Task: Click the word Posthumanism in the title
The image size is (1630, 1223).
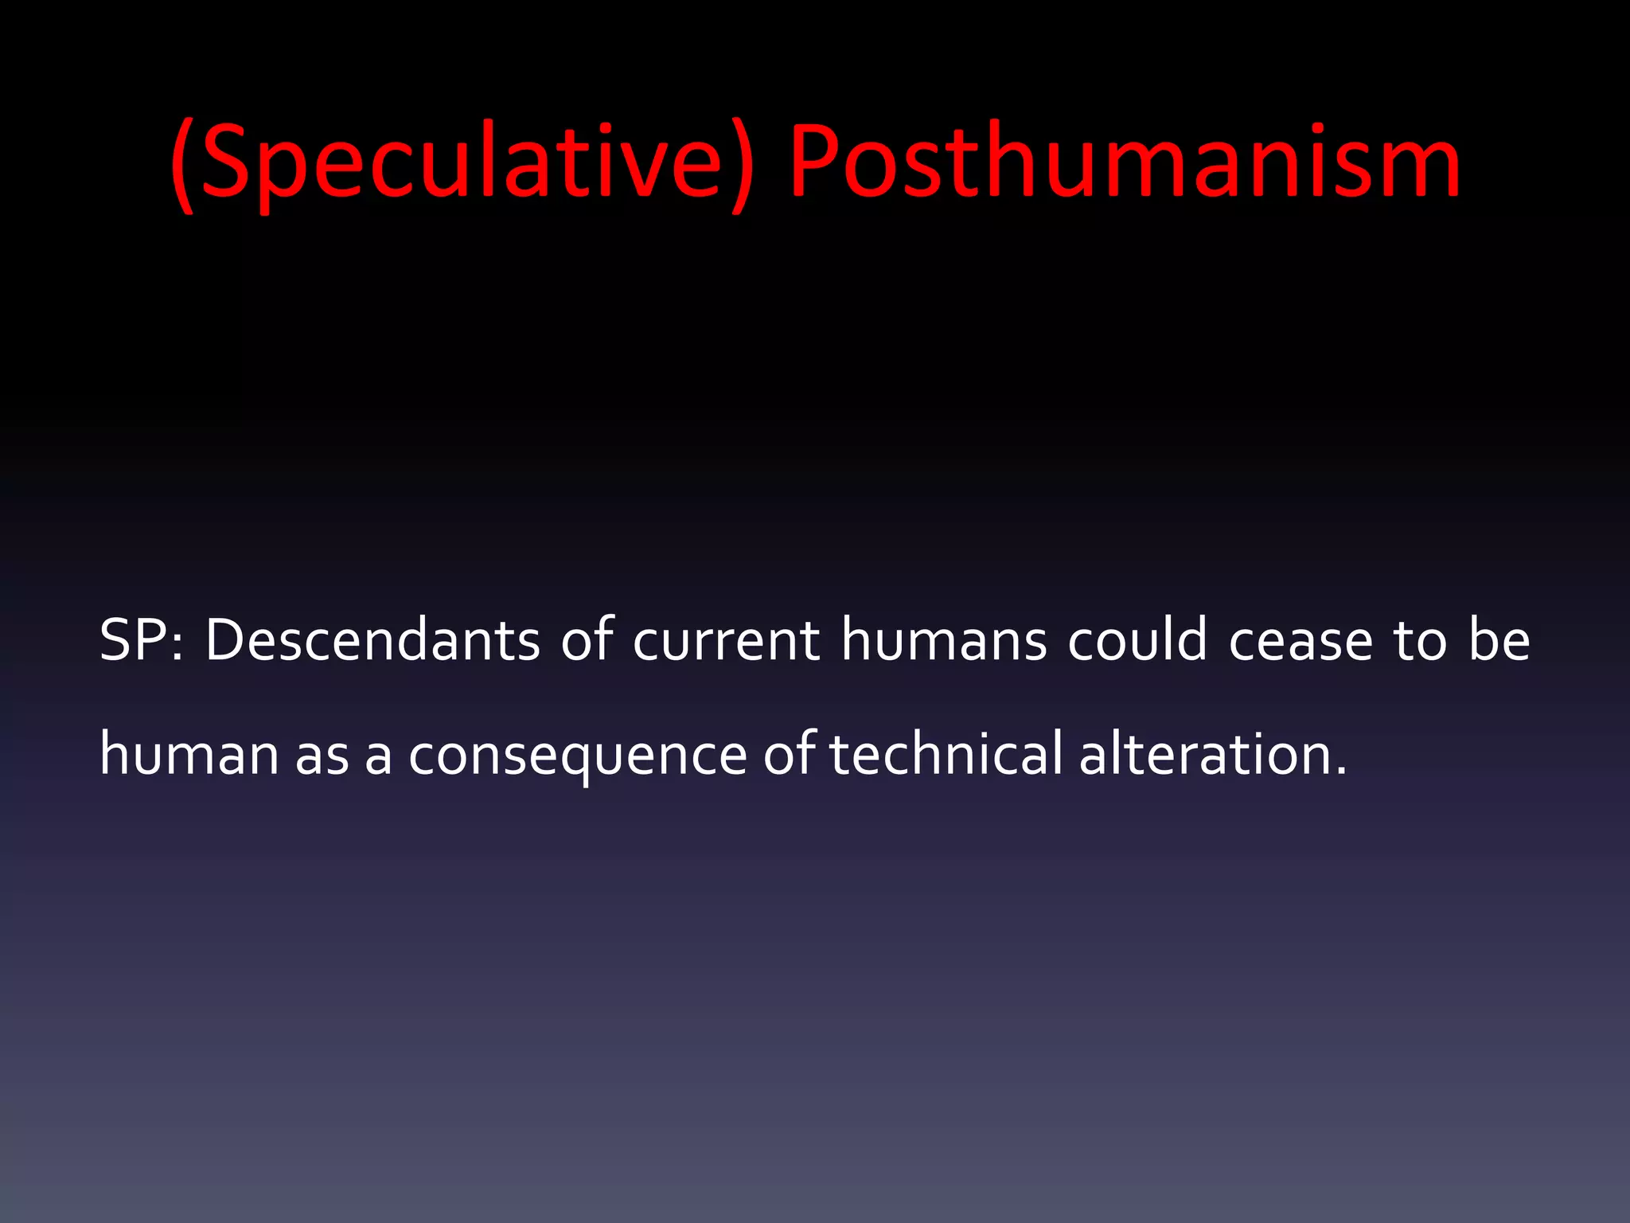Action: pyautogui.click(x=1124, y=163)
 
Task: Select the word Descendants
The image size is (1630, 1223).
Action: pyautogui.click(x=372, y=640)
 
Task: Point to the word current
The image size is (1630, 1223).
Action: pyautogui.click(x=726, y=642)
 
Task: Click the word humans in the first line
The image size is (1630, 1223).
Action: pyautogui.click(x=944, y=640)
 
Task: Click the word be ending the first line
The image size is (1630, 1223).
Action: pyautogui.click(x=1499, y=640)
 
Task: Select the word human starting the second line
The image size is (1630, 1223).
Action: pyautogui.click(x=189, y=753)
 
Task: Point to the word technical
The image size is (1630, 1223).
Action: pyautogui.click(x=946, y=753)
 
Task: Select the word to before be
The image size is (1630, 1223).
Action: pyautogui.click(x=1420, y=642)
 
